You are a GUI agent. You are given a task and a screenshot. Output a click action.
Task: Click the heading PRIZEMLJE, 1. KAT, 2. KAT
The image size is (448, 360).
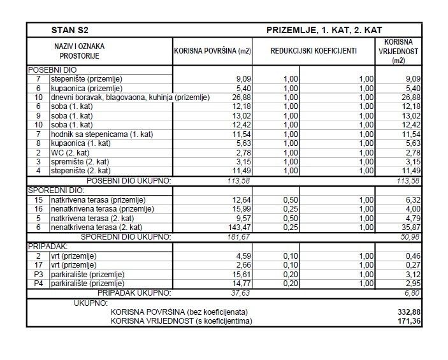coord(324,30)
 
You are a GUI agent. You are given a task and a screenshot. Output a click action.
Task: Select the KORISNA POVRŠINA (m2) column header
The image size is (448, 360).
coord(212,51)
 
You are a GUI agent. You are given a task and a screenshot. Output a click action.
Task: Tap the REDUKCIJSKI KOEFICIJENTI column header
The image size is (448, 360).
coord(314,51)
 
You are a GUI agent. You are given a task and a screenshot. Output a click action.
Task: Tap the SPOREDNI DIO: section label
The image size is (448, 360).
coord(55,190)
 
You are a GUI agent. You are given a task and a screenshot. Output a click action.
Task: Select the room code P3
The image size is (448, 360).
coord(38,274)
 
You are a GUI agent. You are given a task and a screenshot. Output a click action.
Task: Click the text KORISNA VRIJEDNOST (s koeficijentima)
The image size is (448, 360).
coord(181,321)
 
